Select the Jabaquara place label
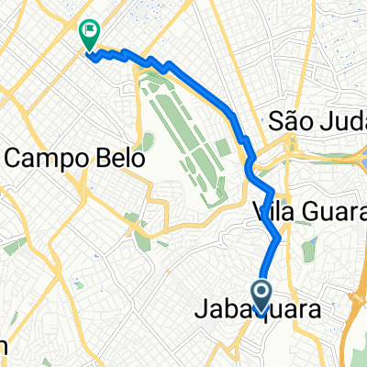[258, 312]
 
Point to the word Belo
[119, 158]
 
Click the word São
[287, 121]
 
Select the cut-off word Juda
[339, 121]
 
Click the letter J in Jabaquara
[202, 312]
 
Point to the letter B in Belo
[101, 158]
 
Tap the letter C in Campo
[15, 158]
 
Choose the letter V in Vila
[258, 215]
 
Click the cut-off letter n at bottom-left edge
[4, 348]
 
